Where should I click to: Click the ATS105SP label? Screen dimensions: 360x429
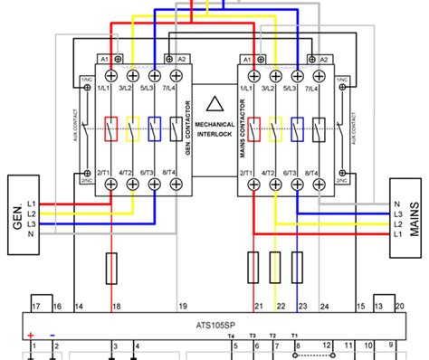click(x=215, y=323)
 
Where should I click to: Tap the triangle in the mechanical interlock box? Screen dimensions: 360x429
click(x=214, y=105)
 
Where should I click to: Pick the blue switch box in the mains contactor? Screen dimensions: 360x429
click(x=295, y=129)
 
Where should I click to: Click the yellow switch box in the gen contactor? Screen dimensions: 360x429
click(x=134, y=129)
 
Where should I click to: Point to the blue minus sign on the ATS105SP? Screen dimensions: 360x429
click(x=52, y=335)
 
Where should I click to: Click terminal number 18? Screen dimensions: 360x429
click(x=115, y=308)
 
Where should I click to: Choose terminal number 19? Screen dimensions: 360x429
click(x=182, y=308)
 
